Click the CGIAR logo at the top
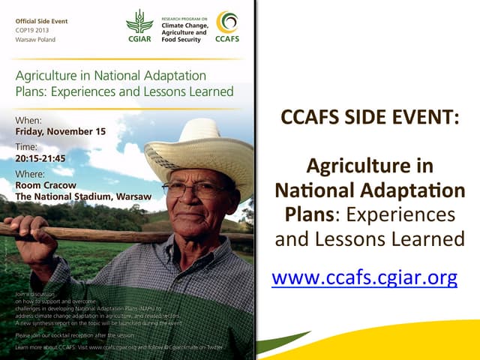pyautogui.click(x=139, y=26)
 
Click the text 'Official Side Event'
pyautogui.click(x=41, y=21)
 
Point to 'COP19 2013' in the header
pyautogui.click(x=34, y=30)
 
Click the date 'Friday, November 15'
pyautogui.click(x=61, y=131)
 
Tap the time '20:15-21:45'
pyautogui.click(x=40, y=158)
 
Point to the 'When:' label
pyautogui.click(x=28, y=120)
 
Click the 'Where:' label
pyautogui.click(x=30, y=174)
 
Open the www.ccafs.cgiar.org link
pyautogui.click(x=364, y=278)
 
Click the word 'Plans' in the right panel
pyautogui.click(x=309, y=214)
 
